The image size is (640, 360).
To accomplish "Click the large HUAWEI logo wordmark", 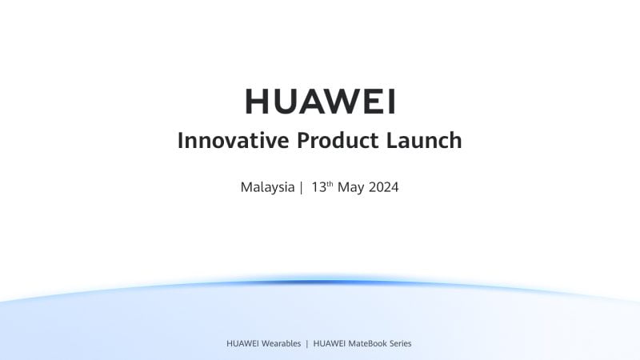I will coord(320,102).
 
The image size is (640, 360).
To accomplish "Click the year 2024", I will coord(383,188).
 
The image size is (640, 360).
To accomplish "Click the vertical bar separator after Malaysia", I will coord(302,188).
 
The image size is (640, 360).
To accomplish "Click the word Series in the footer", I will coord(399,343).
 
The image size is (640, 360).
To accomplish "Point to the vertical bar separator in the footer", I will coord(307,343).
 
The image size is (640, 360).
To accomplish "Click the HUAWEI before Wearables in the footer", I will coord(242,343).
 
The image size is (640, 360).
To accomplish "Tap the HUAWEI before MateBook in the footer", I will coord(329,343).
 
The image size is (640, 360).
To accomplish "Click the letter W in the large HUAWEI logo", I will coord(334,102).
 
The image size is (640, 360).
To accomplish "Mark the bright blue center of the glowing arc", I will coord(320,282).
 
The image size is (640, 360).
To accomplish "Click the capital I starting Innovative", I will coord(181,141).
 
